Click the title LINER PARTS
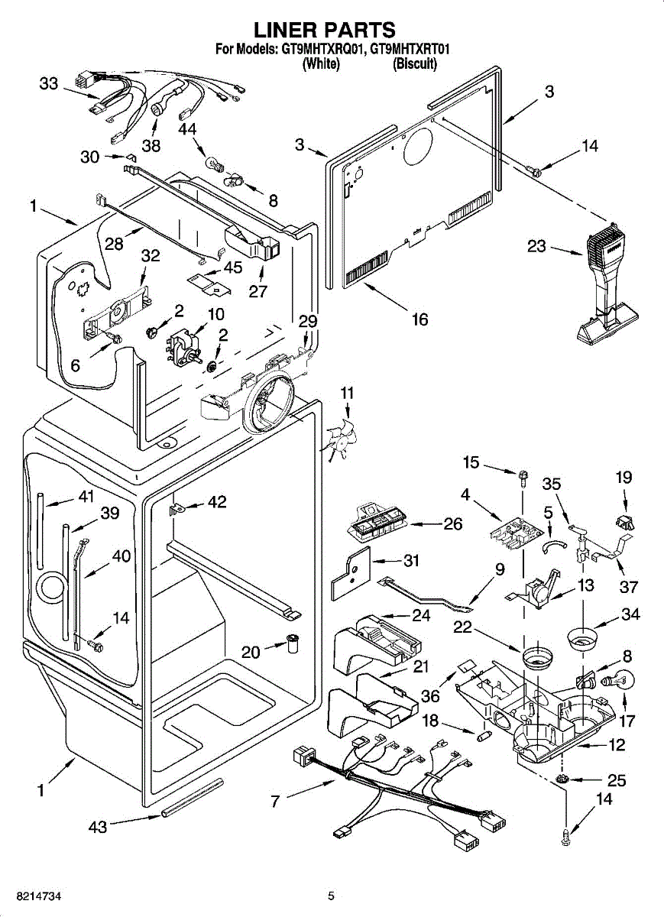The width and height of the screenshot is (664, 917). tap(325, 30)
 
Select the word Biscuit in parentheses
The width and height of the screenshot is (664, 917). tap(415, 64)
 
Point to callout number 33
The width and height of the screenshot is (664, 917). tap(49, 84)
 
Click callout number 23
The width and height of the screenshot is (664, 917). tap(536, 246)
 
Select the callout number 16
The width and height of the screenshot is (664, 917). tap(419, 319)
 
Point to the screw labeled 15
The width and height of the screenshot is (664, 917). tap(523, 478)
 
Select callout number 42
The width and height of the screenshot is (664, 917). tap(216, 501)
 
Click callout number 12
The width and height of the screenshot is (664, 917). tap(617, 744)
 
